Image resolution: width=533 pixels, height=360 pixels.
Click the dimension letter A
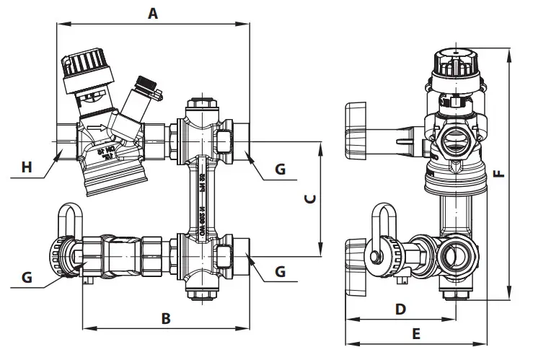tap(152, 13)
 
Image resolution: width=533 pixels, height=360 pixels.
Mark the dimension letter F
tap(498, 173)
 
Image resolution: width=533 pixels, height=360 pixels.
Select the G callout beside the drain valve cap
tap(26, 277)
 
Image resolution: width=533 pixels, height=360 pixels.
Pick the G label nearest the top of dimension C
tap(281, 170)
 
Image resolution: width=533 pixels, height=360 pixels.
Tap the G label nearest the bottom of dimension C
tap(281, 272)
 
